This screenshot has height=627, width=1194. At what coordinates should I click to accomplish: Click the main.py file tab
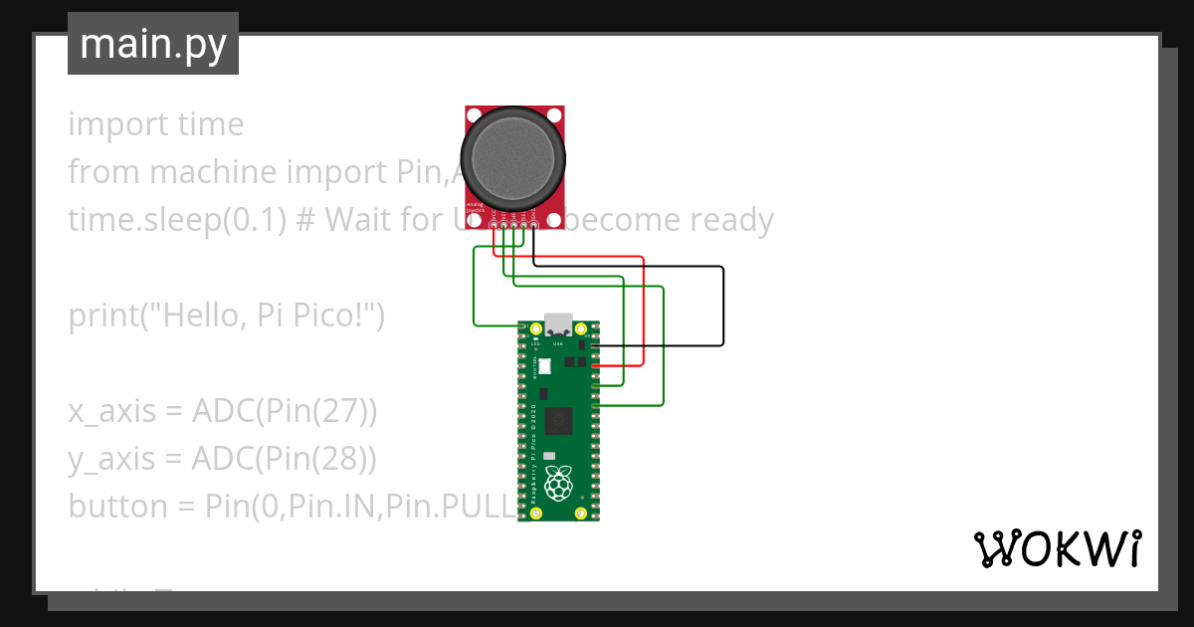tap(153, 44)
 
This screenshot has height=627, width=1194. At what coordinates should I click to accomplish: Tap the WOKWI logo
tap(1056, 548)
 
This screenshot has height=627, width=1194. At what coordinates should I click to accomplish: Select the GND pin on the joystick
tap(535, 227)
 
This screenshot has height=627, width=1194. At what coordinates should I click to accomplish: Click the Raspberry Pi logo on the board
tap(558, 484)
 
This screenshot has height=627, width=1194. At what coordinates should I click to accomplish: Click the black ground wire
tap(723, 309)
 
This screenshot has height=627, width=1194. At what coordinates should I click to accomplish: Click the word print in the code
tap(102, 315)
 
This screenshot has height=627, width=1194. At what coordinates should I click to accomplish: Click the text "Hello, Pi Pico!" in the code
tap(263, 315)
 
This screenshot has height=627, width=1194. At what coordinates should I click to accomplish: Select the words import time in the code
tap(155, 124)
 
